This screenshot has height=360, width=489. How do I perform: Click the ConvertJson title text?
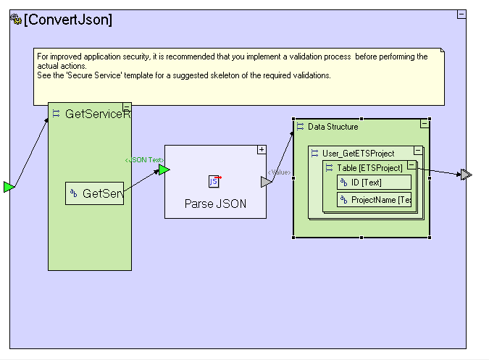point(68,20)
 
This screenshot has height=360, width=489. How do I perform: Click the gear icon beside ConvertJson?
point(16,20)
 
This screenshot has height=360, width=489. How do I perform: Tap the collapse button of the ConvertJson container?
point(461,14)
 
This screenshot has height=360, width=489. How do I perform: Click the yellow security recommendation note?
point(239,76)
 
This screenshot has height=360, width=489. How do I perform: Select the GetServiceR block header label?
point(98,114)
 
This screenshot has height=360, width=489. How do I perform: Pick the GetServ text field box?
point(95,193)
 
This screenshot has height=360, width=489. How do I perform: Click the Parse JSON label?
point(215,204)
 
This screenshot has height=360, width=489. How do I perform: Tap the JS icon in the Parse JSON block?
point(214,181)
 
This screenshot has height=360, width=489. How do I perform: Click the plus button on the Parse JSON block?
point(262,149)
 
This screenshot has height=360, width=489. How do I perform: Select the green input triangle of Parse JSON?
point(164,169)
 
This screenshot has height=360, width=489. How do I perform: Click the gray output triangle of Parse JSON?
point(266,182)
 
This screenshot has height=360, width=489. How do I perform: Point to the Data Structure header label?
point(333,127)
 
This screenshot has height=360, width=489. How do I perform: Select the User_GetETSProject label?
point(358,153)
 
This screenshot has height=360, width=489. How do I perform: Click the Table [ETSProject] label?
point(369,168)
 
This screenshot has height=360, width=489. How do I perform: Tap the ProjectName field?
point(375,200)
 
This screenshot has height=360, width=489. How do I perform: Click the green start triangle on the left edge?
point(8,188)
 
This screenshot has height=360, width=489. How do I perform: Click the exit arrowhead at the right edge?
point(466,174)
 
